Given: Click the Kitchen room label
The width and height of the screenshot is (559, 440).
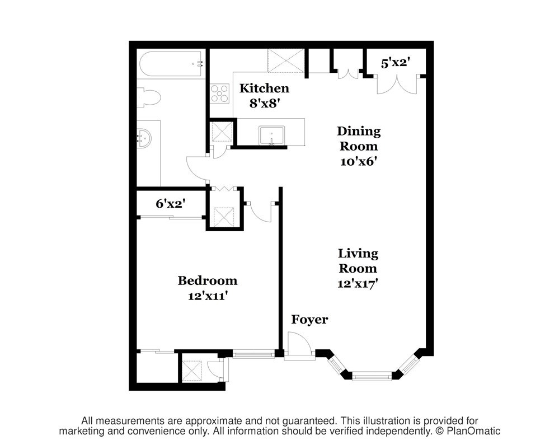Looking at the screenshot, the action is coord(264,88).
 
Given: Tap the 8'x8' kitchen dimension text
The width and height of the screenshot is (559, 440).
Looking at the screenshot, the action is coord(264,104).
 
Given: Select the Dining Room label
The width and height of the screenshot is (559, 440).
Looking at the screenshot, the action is coord(359,139).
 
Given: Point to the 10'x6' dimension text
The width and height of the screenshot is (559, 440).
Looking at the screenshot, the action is coord(359,162).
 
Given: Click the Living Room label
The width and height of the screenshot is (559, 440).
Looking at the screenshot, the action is coord(358,261).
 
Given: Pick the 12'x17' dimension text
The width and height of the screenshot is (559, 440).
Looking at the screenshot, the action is coord(358,284).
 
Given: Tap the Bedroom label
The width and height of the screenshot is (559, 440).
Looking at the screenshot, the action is coord(208,280).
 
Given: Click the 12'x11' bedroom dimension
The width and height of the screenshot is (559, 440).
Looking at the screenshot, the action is coord(208,296).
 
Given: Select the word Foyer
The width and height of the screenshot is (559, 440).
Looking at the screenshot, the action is coord(309,320).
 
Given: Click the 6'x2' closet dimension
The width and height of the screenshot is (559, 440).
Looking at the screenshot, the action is coord(171,204).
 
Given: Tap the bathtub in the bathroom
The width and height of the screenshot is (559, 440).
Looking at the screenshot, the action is coord(172,64).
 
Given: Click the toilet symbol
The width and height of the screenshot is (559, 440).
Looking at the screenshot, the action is coord(149,97).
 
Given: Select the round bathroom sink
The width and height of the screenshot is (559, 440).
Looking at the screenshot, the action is coord(144,138).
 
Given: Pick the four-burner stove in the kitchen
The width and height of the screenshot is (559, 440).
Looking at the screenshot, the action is coord(219,93).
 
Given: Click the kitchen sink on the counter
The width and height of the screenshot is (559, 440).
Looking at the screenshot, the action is coord(271,135).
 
